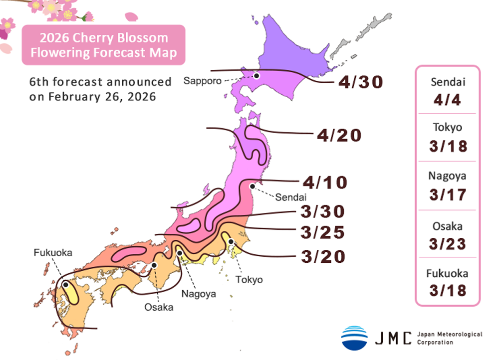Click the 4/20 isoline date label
tap(339, 135)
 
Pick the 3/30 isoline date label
tap(323, 211)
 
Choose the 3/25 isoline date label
tap(323, 232)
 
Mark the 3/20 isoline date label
tap(323, 256)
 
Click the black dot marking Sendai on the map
tap(252, 186)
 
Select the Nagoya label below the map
tap(199, 294)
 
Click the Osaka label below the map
tap(159, 307)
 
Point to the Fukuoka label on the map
tap(53, 253)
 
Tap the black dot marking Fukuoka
tap(65, 284)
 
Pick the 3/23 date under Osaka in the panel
tap(447, 243)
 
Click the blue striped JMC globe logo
tap(354, 338)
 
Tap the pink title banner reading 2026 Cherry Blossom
tap(103, 45)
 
